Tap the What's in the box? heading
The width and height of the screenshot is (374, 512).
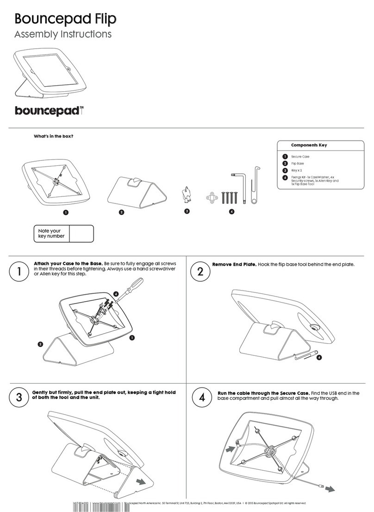tap(54, 136)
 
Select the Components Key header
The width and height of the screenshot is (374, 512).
tap(309, 145)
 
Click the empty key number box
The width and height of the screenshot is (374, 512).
tap(81, 234)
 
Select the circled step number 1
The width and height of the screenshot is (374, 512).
tap(19, 272)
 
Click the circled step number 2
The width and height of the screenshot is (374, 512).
tap(200, 272)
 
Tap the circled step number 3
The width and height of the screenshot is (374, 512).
tap(19, 398)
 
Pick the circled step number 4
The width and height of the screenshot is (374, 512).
tap(200, 398)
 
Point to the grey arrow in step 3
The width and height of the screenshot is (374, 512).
tap(149, 481)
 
